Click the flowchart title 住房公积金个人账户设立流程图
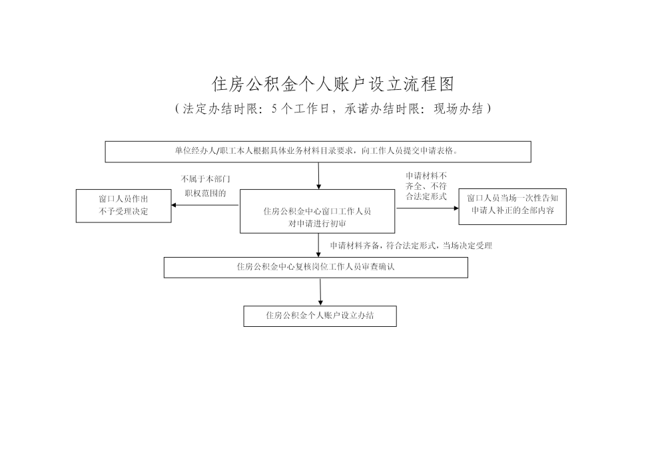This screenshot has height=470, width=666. point(332,85)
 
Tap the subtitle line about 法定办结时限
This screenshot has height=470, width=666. point(332,109)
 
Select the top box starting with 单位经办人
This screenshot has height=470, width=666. point(318,152)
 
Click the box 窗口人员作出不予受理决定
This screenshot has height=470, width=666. point(124,206)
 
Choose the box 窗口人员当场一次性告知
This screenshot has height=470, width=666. point(512,205)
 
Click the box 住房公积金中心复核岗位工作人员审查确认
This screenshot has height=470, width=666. point(316,267)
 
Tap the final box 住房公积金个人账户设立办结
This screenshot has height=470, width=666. point(320,316)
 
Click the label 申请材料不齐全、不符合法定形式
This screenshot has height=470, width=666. point(426,186)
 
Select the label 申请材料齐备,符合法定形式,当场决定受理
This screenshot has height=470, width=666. point(411,246)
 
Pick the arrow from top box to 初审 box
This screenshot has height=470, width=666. point(319,176)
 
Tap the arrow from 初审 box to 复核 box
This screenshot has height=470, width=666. point(319,245)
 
